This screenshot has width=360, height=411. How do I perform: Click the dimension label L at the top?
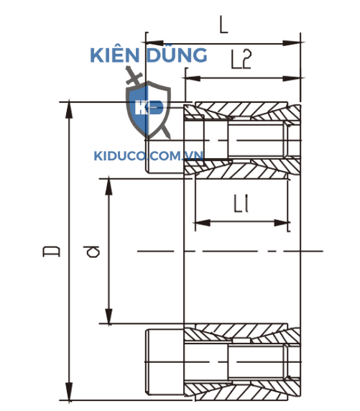[x=223, y=26]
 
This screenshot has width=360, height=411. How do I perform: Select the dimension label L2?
[x=242, y=60]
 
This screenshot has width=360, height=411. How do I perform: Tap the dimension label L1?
[x=241, y=206]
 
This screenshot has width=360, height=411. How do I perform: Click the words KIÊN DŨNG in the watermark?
[x=148, y=55]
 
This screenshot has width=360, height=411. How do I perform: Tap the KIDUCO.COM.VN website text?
[x=149, y=154]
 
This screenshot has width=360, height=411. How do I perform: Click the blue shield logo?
[x=148, y=110]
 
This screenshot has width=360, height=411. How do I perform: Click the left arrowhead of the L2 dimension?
[x=191, y=77]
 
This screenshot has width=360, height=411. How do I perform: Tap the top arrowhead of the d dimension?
[x=109, y=183]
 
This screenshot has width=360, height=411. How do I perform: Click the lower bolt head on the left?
[x=165, y=359]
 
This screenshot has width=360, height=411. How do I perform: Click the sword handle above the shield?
[x=131, y=74]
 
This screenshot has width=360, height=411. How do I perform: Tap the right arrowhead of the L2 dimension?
[x=295, y=77]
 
